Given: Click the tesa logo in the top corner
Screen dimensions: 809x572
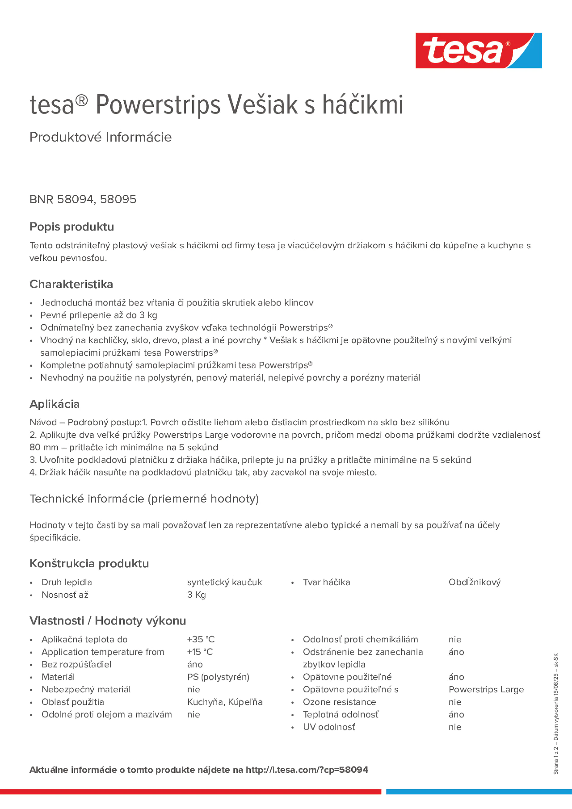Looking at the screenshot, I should click(478, 50).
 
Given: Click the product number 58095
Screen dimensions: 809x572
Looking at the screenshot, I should click(118, 199).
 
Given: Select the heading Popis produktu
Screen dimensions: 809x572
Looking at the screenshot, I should click(72, 227).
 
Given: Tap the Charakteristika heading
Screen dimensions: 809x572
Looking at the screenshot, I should click(71, 284).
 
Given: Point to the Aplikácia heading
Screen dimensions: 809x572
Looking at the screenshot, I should click(55, 404).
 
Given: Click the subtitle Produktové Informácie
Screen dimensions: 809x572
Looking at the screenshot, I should click(101, 137).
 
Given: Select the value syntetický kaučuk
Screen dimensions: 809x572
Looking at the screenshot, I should click(224, 582).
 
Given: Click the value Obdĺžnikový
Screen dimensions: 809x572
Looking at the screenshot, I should click(474, 582).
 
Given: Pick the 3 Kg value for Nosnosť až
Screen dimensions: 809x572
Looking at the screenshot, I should click(196, 595).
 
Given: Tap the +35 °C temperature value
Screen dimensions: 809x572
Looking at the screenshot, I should click(201, 639).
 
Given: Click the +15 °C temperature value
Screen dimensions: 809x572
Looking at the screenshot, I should click(200, 652).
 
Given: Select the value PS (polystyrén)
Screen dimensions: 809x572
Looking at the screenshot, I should click(218, 677).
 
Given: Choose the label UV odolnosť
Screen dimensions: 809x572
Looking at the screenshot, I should click(329, 727).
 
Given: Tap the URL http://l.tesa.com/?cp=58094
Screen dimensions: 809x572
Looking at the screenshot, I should click(307, 770).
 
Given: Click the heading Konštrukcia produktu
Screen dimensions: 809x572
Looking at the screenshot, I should click(89, 563).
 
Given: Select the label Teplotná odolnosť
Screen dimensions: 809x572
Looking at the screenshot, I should click(340, 714).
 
